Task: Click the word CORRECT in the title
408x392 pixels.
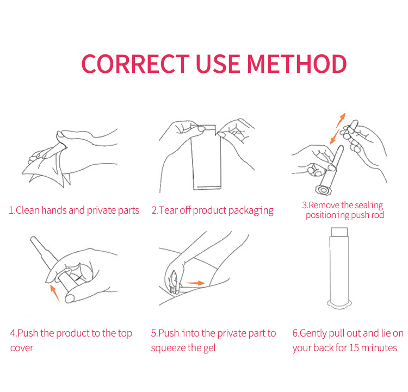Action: click(x=135, y=64)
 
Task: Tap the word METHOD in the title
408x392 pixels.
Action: click(x=296, y=64)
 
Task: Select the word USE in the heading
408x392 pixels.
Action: click(x=218, y=64)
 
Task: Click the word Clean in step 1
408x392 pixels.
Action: click(x=27, y=210)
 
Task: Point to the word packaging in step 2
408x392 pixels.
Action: click(x=251, y=211)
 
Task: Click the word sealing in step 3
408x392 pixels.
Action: click(x=369, y=205)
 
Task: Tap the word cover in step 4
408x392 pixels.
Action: click(x=22, y=348)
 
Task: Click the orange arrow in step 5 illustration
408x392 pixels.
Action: click(x=195, y=283)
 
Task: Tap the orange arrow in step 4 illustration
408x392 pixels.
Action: click(x=54, y=293)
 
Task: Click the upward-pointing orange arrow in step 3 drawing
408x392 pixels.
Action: click(x=341, y=120)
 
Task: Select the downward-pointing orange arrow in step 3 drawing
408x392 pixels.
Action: click(x=335, y=136)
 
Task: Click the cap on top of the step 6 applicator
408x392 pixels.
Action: click(x=339, y=232)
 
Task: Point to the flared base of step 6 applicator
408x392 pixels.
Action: click(x=339, y=304)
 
